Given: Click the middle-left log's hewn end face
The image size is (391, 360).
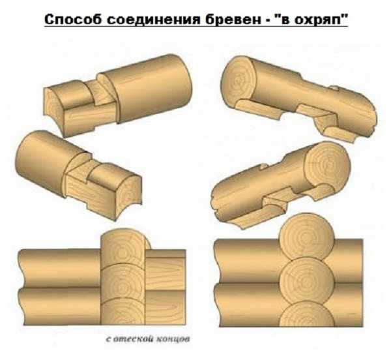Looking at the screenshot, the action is click(x=128, y=197).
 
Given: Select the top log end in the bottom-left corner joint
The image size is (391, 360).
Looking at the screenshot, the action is click(x=123, y=247).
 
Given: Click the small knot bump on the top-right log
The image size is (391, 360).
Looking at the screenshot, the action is click(x=334, y=88).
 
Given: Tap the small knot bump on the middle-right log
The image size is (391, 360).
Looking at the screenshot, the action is click(x=263, y=166).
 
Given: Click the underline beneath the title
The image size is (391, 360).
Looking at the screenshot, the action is click(x=196, y=26).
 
